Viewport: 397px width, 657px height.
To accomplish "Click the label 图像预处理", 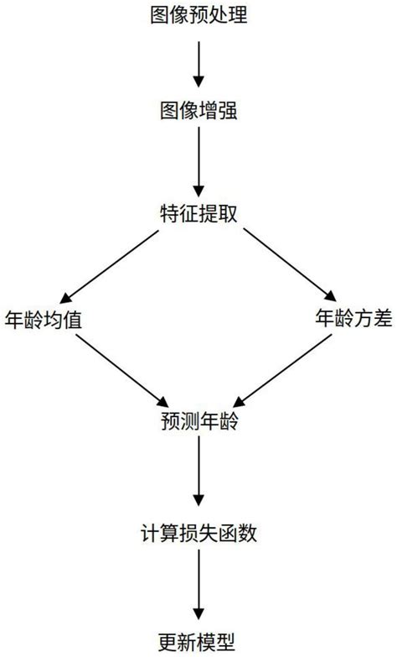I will [198, 14].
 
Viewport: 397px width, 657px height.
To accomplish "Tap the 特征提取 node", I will [198, 211].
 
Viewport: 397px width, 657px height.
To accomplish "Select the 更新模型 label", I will [198, 640].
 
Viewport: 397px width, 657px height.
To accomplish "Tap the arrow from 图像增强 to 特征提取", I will [198, 159].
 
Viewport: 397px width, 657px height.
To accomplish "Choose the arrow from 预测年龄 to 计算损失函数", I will [198, 474].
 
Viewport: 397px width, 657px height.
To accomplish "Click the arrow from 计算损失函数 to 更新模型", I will [198, 586].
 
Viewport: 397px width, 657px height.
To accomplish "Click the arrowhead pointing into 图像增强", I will [198, 82].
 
